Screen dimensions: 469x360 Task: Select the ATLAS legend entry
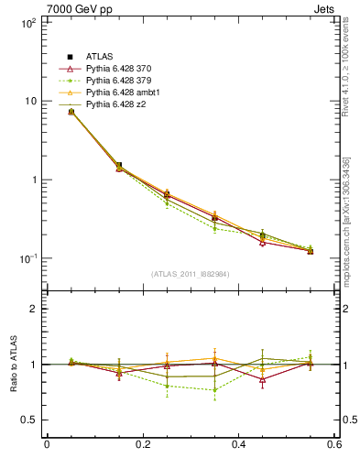coord(99,58)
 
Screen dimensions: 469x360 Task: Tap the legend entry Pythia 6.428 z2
coord(116,105)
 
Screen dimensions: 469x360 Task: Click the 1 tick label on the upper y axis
coord(32,180)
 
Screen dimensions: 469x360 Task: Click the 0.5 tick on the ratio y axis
coord(27,420)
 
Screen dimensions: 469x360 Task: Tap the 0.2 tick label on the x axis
coord(142,445)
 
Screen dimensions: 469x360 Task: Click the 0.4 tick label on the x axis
coord(238,445)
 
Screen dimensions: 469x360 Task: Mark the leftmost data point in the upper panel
coord(46,112)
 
